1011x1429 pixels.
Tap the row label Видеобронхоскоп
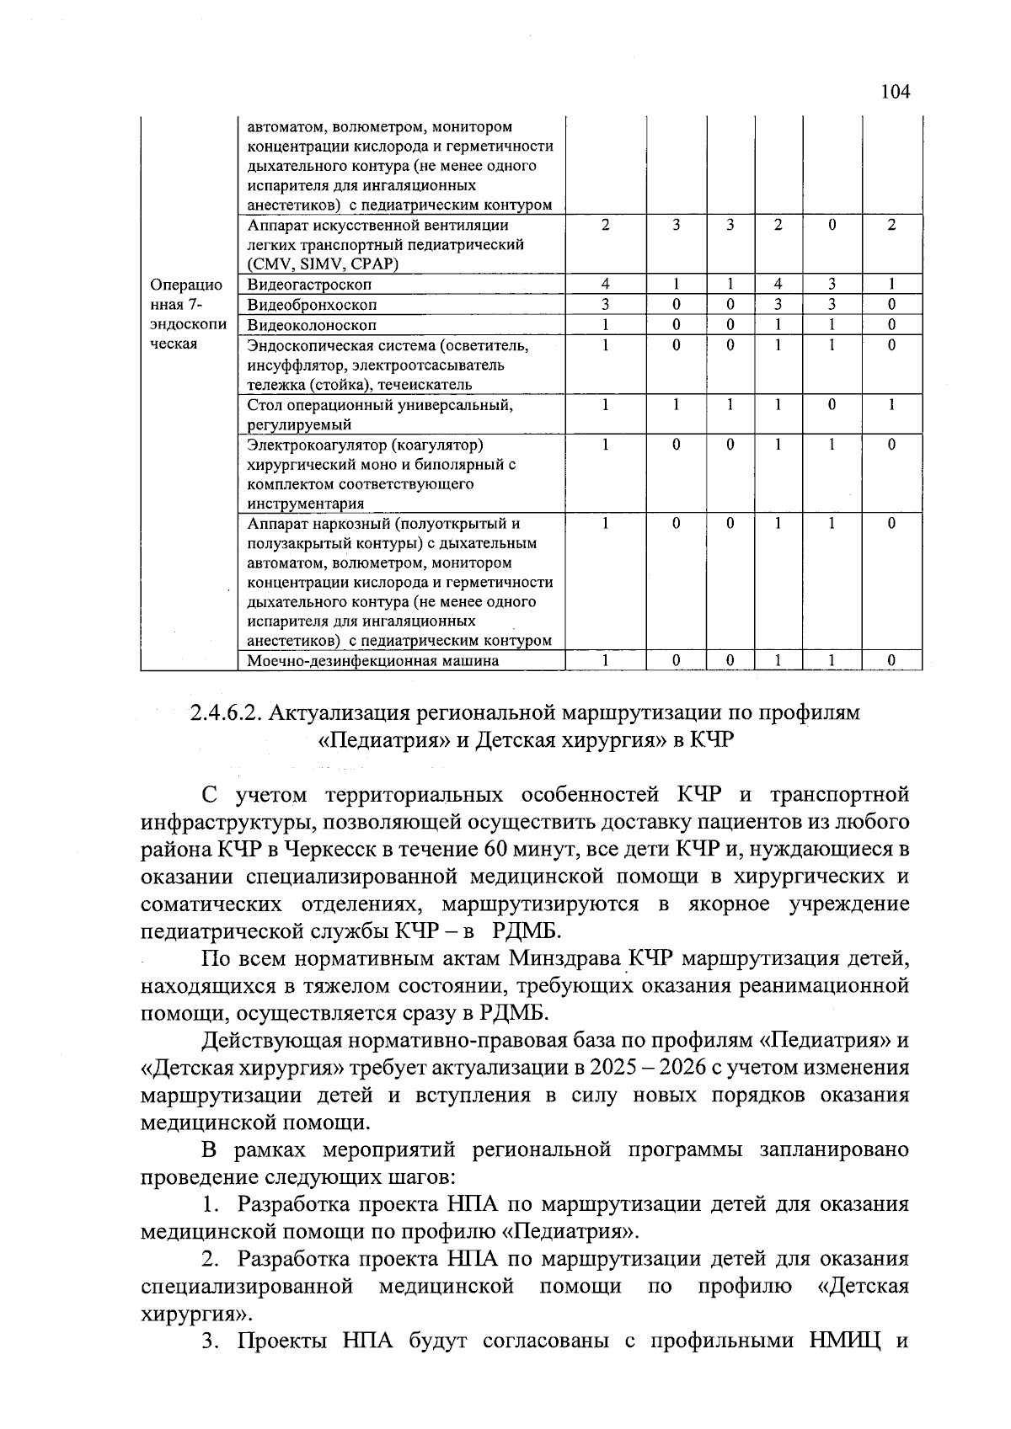312,304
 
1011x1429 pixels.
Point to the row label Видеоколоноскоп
312,324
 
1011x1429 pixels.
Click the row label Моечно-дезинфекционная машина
372,661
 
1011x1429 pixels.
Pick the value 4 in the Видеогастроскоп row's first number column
605,285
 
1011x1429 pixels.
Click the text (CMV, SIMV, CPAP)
322,264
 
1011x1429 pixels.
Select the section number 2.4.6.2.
223,713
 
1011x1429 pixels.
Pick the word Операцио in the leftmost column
185,285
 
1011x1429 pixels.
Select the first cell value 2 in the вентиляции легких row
605,226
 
